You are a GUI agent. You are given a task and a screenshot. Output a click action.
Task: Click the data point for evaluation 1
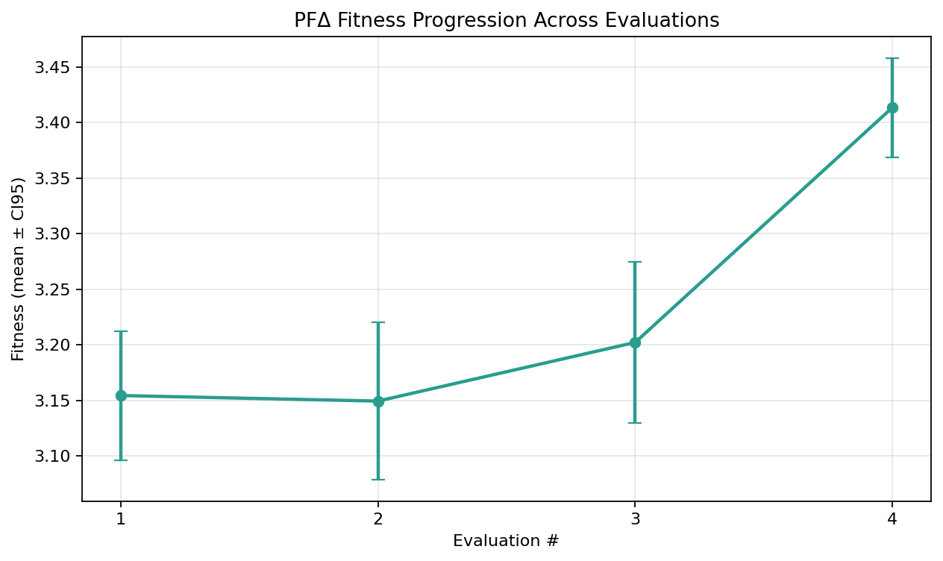tap(121, 395)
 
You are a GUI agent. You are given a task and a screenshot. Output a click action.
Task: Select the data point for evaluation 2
tap(378, 401)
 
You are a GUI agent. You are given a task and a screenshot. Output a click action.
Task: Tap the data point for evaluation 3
tap(635, 342)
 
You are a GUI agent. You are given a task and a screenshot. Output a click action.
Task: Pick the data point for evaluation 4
tap(892, 107)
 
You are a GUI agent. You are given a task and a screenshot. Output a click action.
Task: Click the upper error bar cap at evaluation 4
tap(892, 58)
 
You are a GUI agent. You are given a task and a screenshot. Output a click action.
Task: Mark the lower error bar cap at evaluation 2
tap(378, 479)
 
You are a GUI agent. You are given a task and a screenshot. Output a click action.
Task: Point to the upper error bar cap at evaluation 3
tap(635, 262)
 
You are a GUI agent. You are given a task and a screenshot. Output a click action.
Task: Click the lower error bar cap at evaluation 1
tap(121, 460)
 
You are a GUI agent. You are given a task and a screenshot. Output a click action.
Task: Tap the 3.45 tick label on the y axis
tap(57, 68)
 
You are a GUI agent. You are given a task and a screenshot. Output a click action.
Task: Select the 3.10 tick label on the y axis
tap(57, 457)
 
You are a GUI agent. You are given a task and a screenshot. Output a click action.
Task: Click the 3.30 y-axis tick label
tap(57, 234)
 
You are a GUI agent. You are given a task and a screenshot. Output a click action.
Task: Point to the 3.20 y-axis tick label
tap(57, 345)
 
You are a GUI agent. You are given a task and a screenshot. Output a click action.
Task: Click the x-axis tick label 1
tap(121, 518)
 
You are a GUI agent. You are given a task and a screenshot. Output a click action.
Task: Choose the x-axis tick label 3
tap(635, 518)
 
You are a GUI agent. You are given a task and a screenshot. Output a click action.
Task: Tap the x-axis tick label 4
tap(892, 518)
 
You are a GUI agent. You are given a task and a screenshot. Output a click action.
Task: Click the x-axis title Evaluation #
tap(506, 541)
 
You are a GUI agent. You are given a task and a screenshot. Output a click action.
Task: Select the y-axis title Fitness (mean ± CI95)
tap(18, 269)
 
